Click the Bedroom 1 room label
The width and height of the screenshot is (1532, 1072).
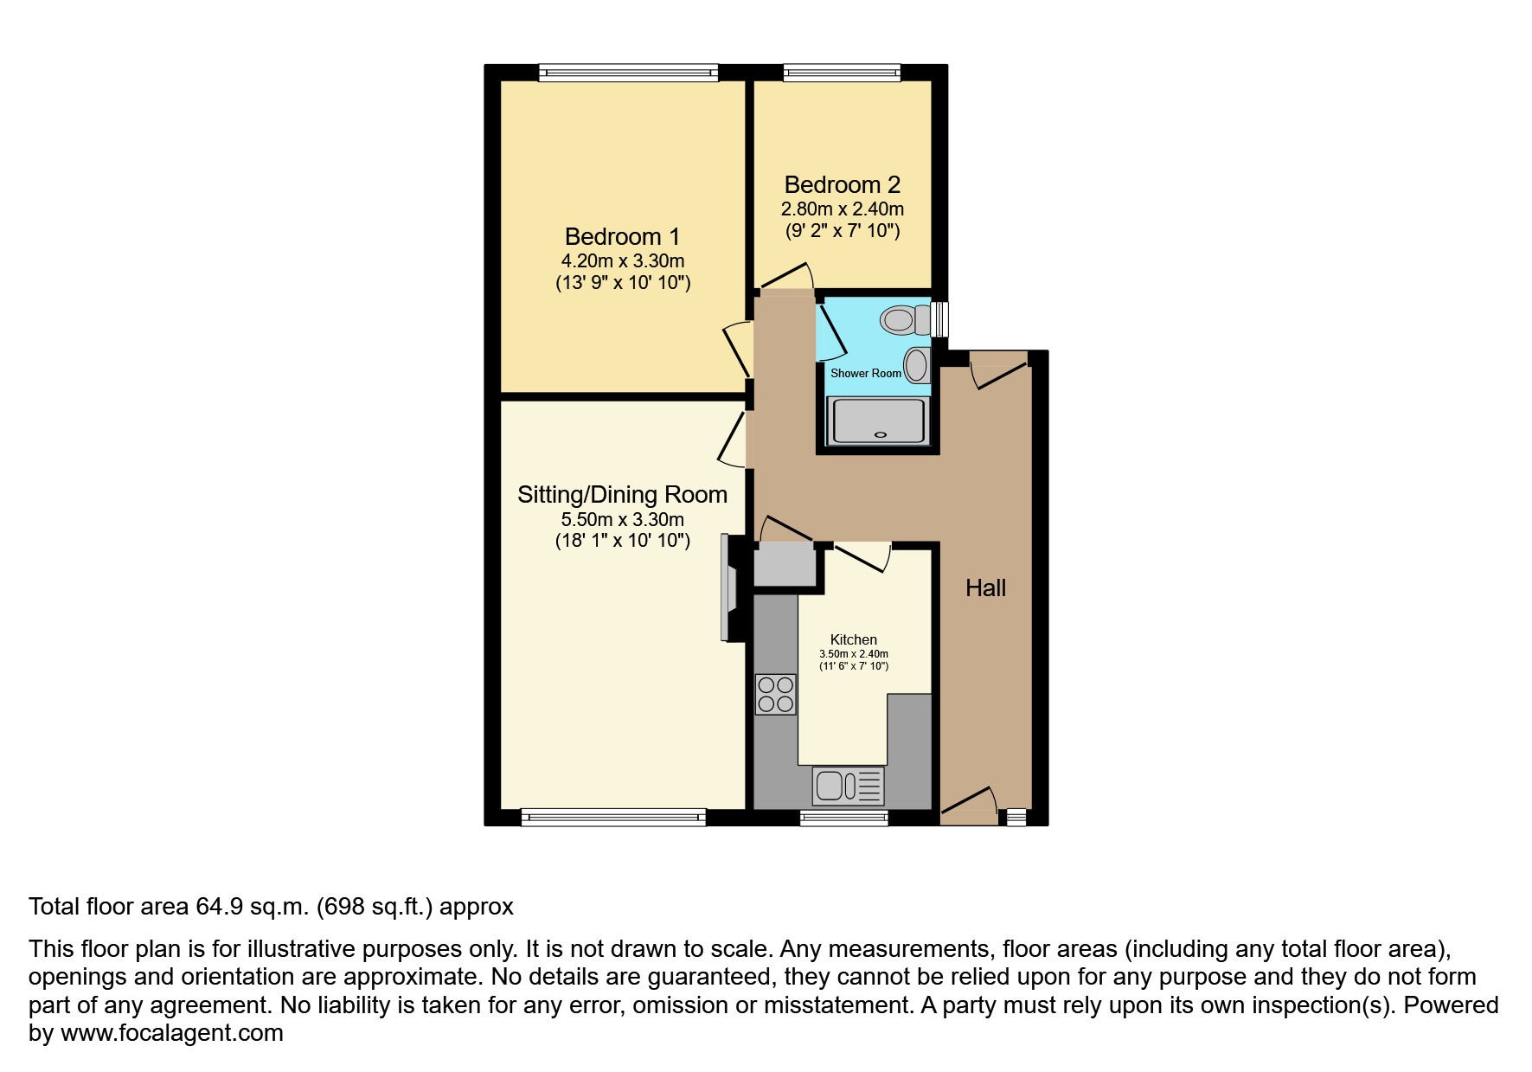(x=622, y=236)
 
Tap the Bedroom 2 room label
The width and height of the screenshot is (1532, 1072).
(x=842, y=184)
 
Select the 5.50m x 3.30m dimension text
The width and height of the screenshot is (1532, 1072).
(x=622, y=519)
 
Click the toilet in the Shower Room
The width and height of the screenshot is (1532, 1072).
(x=903, y=320)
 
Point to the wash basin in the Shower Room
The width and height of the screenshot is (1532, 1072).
(x=916, y=366)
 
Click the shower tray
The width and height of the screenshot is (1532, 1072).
(x=877, y=421)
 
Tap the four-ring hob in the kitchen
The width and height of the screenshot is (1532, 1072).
(x=775, y=694)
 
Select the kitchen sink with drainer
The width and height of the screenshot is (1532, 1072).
(x=849, y=786)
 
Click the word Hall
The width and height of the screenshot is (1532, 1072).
(x=985, y=588)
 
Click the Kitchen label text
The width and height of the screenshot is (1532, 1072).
(x=853, y=639)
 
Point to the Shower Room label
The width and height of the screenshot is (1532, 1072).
(x=865, y=373)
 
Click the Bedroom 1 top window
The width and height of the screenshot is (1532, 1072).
(x=628, y=73)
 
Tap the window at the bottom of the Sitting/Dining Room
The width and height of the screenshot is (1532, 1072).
(x=613, y=816)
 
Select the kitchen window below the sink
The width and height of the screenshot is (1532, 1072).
(x=843, y=816)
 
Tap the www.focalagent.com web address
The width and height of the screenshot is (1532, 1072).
(x=171, y=1033)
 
